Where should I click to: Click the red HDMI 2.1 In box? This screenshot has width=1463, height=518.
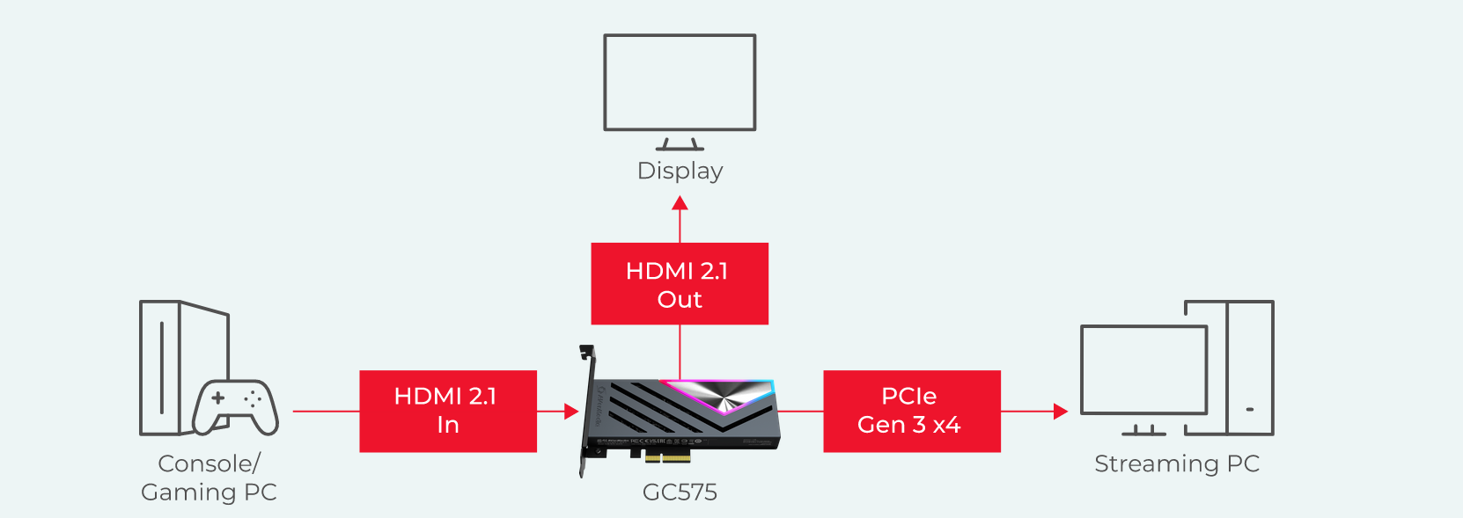(447, 411)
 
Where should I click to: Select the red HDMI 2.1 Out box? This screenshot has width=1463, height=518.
(680, 284)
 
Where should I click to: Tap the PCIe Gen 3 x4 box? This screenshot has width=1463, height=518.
(911, 411)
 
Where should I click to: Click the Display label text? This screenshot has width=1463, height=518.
(680, 171)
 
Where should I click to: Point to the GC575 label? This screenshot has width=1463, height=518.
(680, 492)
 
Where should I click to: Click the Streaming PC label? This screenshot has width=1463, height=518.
(1177, 463)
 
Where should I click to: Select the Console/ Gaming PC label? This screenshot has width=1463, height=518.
(209, 478)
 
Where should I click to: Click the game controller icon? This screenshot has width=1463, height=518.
(235, 407)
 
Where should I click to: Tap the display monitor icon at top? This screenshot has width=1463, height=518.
(680, 83)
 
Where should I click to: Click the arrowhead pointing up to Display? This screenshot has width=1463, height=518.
(680, 203)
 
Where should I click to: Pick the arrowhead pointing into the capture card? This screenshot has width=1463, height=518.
(571, 411)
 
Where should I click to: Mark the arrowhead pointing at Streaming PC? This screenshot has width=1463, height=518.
(1060, 411)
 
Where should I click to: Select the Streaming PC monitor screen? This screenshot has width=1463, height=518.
(1143, 369)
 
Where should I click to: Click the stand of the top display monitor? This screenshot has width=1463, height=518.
(680, 144)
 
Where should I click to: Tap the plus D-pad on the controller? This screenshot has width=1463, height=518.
(218, 398)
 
